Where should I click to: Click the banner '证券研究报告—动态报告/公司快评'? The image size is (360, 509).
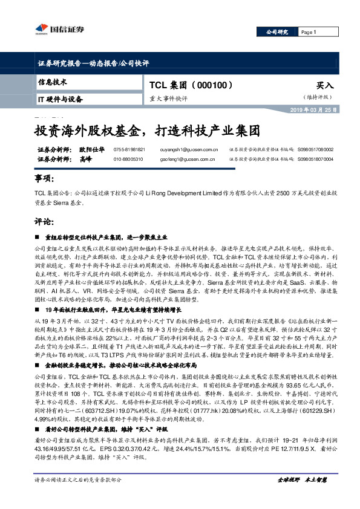click(x=93, y=63)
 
